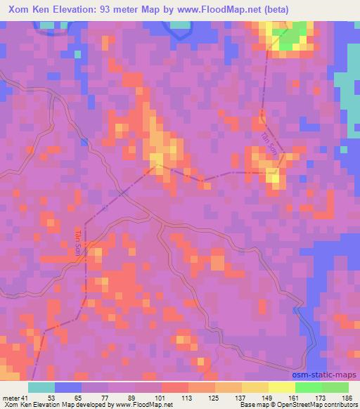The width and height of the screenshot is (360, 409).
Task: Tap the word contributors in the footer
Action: pos(334,405)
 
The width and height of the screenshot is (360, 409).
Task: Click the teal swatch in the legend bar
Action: pos(41,388)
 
